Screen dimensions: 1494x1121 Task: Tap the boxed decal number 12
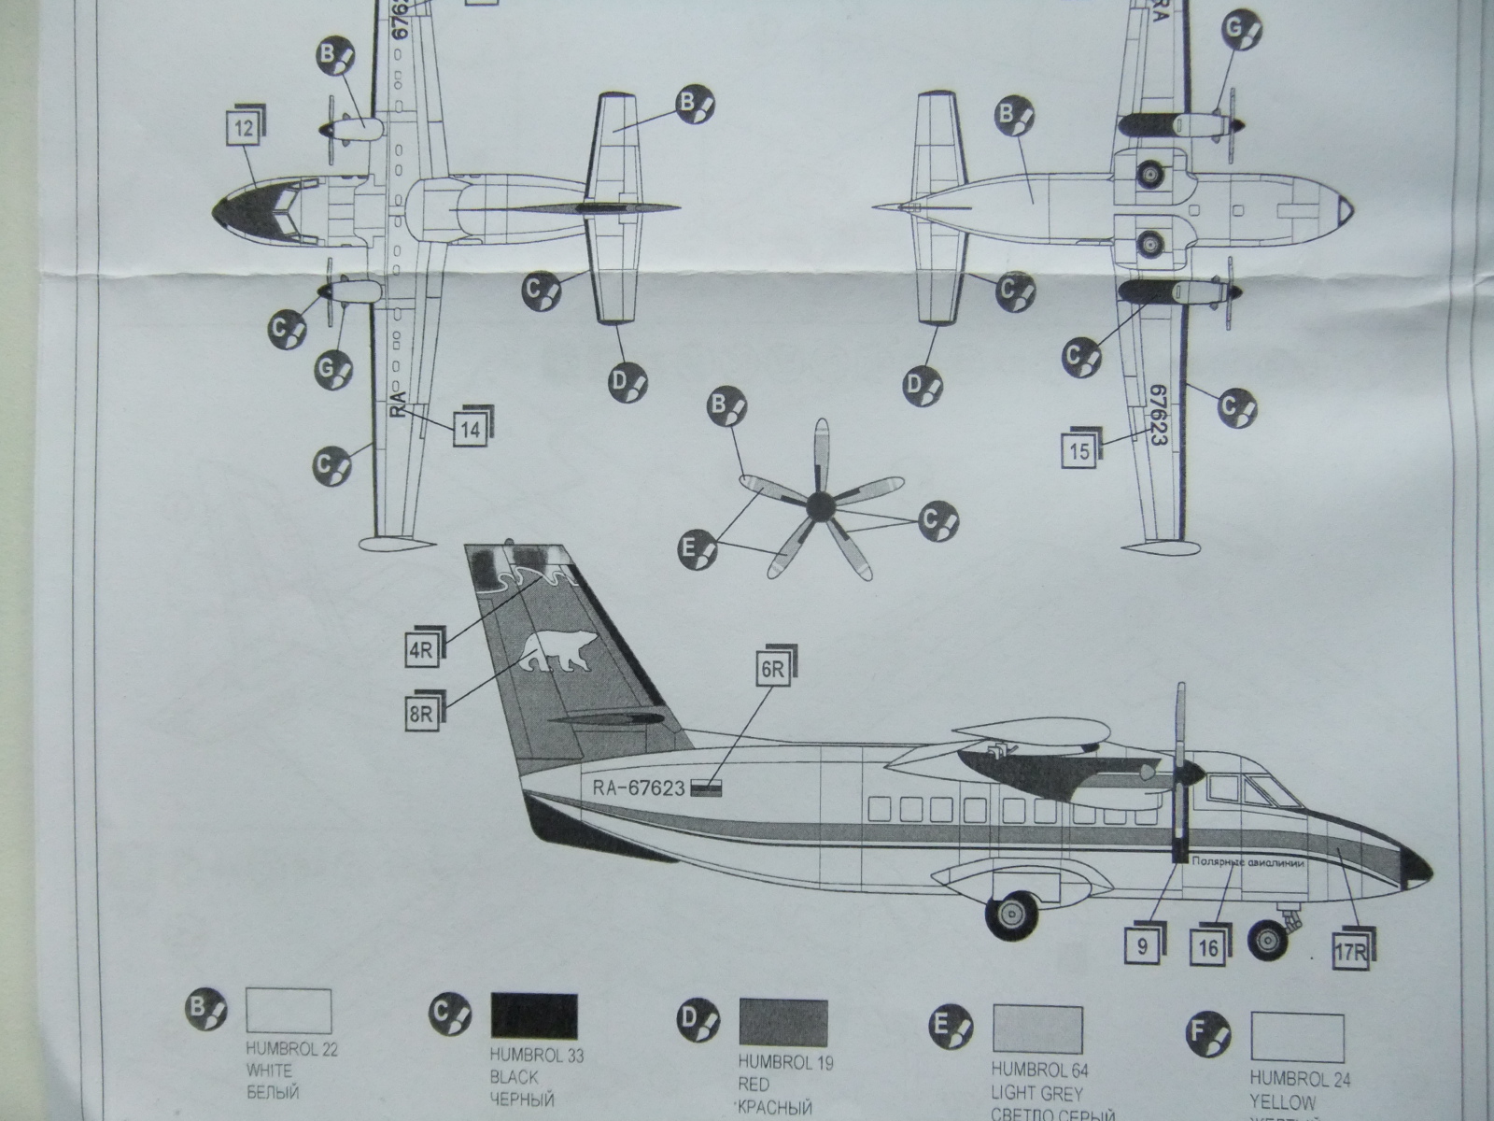click(242, 130)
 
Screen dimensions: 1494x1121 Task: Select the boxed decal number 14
click(471, 429)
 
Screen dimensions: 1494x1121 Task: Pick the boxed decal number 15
click(1079, 452)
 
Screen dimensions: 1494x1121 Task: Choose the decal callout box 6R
click(771, 669)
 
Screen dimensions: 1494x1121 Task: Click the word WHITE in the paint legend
click(269, 1071)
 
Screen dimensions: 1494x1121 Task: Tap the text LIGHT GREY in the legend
click(1036, 1092)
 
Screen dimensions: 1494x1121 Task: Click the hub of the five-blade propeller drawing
click(818, 507)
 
